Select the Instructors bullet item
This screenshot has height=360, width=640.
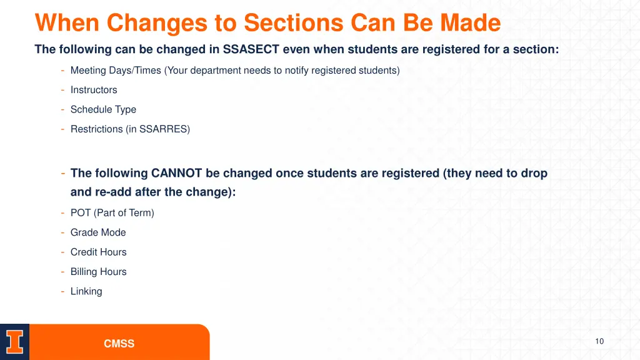pos(94,90)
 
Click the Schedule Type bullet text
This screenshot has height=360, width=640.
pos(103,109)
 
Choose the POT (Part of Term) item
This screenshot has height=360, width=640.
pos(112,213)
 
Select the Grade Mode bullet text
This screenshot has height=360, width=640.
pos(98,232)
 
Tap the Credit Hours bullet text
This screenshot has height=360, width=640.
pos(98,252)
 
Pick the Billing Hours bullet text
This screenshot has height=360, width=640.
pos(98,272)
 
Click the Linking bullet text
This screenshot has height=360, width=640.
pos(86,291)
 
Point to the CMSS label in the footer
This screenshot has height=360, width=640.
pos(119,344)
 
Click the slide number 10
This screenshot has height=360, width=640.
pos(599,341)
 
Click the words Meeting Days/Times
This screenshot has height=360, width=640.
pos(116,71)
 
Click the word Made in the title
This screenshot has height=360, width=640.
pos(470,23)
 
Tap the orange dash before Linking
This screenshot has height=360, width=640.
pos(63,291)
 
